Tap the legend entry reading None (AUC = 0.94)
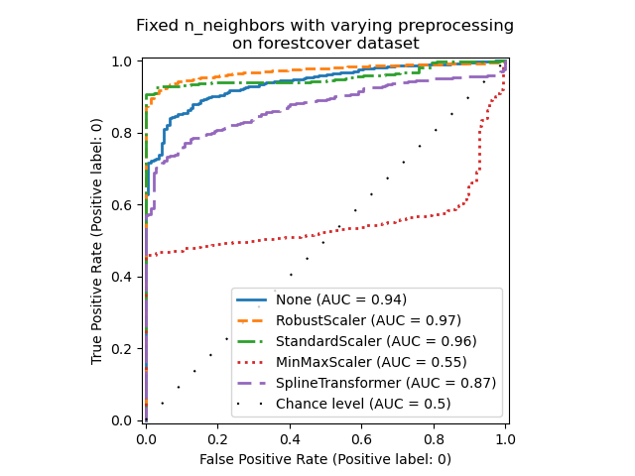point(340,299)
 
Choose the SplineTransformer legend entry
point(386,383)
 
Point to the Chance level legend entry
point(363,404)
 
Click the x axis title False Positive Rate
point(325,459)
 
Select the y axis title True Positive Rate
point(97,241)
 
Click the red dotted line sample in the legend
point(252,362)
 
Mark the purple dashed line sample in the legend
point(252,383)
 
